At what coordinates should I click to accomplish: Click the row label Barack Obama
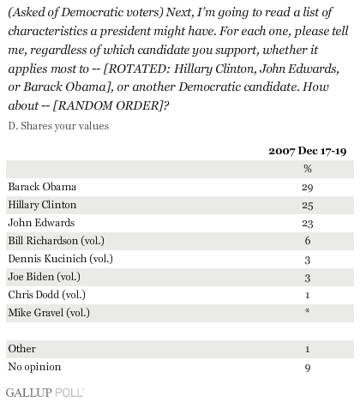tap(42, 187)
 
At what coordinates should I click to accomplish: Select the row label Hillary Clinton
tap(42, 205)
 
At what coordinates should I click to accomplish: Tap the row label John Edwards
tap(41, 223)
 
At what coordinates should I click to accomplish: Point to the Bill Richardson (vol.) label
tap(57, 241)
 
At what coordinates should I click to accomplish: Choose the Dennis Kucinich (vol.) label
tap(61, 259)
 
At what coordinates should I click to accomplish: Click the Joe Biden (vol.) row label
tap(45, 277)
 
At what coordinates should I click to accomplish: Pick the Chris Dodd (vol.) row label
tap(47, 295)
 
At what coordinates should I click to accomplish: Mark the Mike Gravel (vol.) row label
tap(49, 313)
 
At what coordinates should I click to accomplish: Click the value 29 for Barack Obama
tap(308, 188)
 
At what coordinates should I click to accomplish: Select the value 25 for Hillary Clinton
tap(308, 206)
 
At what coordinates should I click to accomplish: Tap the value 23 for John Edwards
tap(308, 223)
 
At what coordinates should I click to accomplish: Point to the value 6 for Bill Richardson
tap(308, 241)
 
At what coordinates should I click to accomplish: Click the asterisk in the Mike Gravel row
tap(308, 310)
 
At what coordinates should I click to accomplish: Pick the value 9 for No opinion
tap(308, 368)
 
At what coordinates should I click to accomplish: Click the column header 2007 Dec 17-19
tap(308, 151)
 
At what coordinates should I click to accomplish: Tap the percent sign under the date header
tap(308, 169)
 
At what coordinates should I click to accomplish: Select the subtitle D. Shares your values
tap(58, 126)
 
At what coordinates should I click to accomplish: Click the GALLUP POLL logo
tap(45, 393)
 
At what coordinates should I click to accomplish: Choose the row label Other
tap(22, 349)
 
